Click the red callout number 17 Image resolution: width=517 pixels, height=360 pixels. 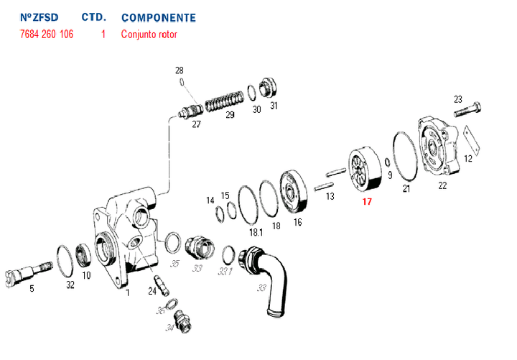367,202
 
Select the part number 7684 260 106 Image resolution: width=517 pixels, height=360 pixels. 47,34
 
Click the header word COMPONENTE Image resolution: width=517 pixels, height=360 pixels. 158,17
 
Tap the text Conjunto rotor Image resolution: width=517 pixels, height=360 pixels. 149,34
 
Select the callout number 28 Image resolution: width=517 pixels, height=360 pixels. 180,70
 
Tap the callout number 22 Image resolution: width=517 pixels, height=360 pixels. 442,186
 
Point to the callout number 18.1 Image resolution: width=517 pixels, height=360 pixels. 256,233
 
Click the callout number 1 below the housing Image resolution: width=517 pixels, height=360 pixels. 128,292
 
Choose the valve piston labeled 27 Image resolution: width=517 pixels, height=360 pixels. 190,111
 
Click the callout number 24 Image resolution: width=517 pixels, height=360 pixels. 152,290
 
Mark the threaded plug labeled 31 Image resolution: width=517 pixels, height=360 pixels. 267,88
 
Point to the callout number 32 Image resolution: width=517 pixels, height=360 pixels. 70,285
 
